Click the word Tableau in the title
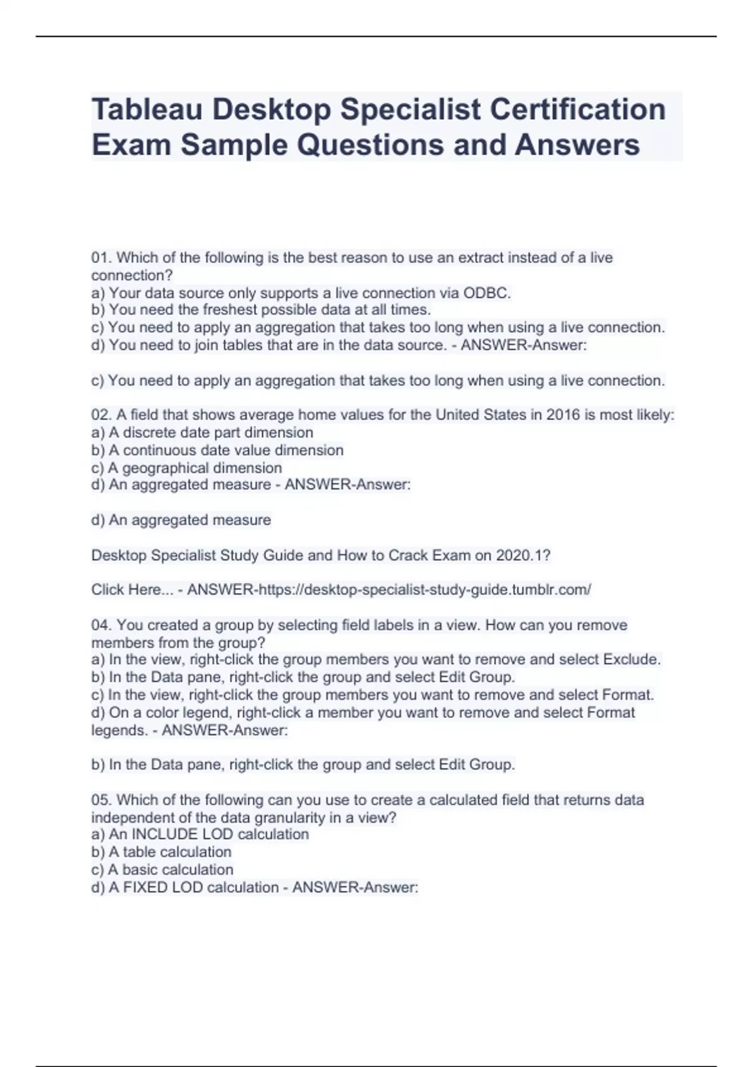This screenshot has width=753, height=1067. point(147,109)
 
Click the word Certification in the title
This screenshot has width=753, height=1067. point(577,109)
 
